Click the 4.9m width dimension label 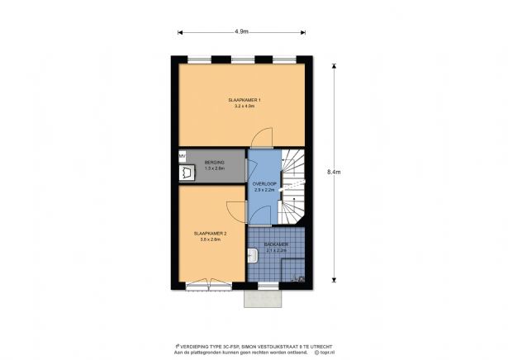pos(241,32)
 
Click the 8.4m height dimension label pos(334,172)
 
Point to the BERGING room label pos(215,163)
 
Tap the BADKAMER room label pos(275,244)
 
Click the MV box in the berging pos(182,154)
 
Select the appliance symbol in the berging pos(183,173)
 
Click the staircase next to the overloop pos(293,186)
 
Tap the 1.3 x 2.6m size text pos(215,168)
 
